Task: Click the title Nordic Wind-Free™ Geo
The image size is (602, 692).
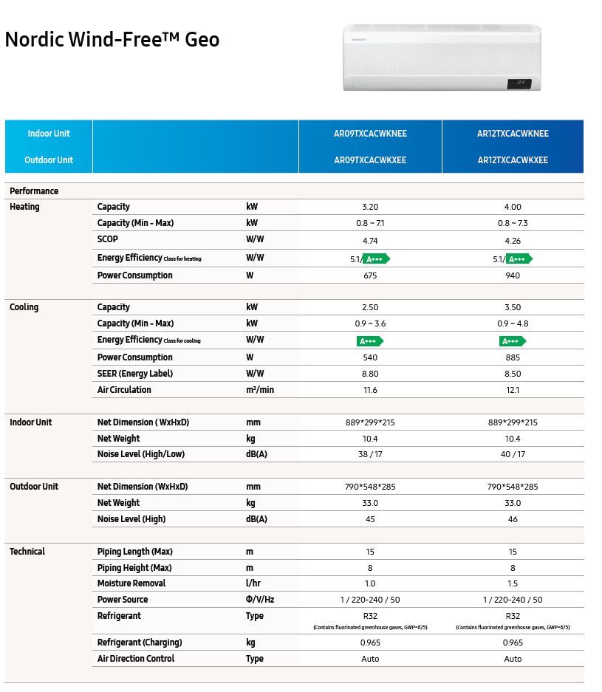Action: point(112,39)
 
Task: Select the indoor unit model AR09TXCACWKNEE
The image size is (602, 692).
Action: point(370,134)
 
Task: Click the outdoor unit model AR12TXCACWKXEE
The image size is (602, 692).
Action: point(513,160)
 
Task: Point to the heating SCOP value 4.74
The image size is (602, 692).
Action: point(370,240)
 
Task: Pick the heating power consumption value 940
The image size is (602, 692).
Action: point(513,275)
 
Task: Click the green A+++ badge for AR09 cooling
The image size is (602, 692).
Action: point(370,341)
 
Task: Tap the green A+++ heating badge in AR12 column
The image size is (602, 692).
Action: point(520,258)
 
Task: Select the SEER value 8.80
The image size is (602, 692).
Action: point(370,374)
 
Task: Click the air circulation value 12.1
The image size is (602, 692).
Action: point(513,390)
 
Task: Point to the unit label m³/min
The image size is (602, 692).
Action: point(260,390)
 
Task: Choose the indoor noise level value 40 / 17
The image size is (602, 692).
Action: point(513,455)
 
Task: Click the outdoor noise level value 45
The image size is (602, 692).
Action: point(370,519)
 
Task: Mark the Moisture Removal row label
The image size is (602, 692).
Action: point(131,583)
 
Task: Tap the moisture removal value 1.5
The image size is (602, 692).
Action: point(513,583)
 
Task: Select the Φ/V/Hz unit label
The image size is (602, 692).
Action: point(260,600)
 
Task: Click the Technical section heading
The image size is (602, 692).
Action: point(27,552)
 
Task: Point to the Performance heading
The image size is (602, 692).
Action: point(34,191)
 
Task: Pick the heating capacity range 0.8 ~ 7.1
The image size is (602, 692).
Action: point(370,223)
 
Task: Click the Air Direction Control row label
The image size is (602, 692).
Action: point(135,659)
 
